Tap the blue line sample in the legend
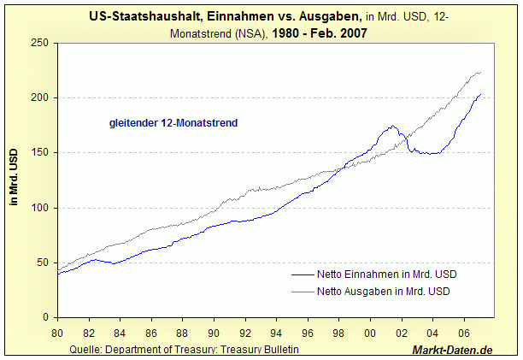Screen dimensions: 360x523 (309, 274)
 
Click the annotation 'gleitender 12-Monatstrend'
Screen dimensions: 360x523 (173, 123)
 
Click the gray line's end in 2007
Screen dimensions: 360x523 (480, 72)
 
